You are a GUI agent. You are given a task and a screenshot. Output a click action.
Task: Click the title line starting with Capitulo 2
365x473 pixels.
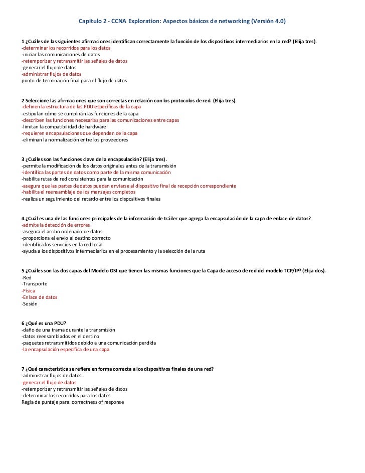point(182,22)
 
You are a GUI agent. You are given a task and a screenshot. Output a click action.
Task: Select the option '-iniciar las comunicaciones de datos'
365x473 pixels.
point(61,55)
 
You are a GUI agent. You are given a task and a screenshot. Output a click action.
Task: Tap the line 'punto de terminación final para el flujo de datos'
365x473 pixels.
point(74,81)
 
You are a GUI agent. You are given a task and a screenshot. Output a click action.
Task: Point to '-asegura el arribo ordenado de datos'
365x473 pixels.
point(62,232)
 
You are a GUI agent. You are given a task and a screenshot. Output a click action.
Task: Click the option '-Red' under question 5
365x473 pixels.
point(26,277)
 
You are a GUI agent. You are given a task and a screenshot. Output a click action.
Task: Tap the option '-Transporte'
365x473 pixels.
point(34,284)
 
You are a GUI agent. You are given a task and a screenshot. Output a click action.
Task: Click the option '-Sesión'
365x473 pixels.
point(29,303)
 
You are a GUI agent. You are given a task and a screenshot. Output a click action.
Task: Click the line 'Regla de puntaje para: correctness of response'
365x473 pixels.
point(72,402)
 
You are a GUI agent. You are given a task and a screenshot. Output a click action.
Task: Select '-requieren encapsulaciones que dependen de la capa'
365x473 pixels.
point(79,133)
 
